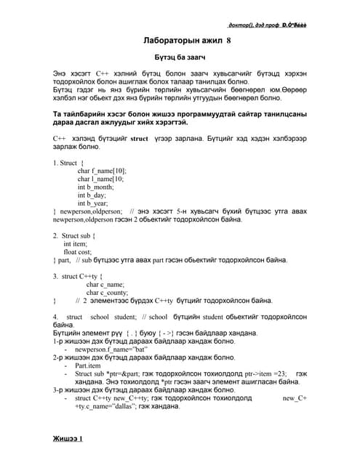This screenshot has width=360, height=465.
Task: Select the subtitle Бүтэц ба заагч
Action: click(x=180, y=56)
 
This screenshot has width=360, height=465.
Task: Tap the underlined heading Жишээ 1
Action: click(x=68, y=439)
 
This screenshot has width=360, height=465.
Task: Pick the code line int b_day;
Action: click(x=92, y=195)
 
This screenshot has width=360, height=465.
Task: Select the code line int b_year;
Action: click(x=93, y=204)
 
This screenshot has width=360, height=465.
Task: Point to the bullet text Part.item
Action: click(x=88, y=365)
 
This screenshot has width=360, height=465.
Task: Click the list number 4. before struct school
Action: click(x=55, y=317)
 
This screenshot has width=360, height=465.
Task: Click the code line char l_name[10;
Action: click(x=100, y=178)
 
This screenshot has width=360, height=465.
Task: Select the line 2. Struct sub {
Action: click(x=75, y=235)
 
